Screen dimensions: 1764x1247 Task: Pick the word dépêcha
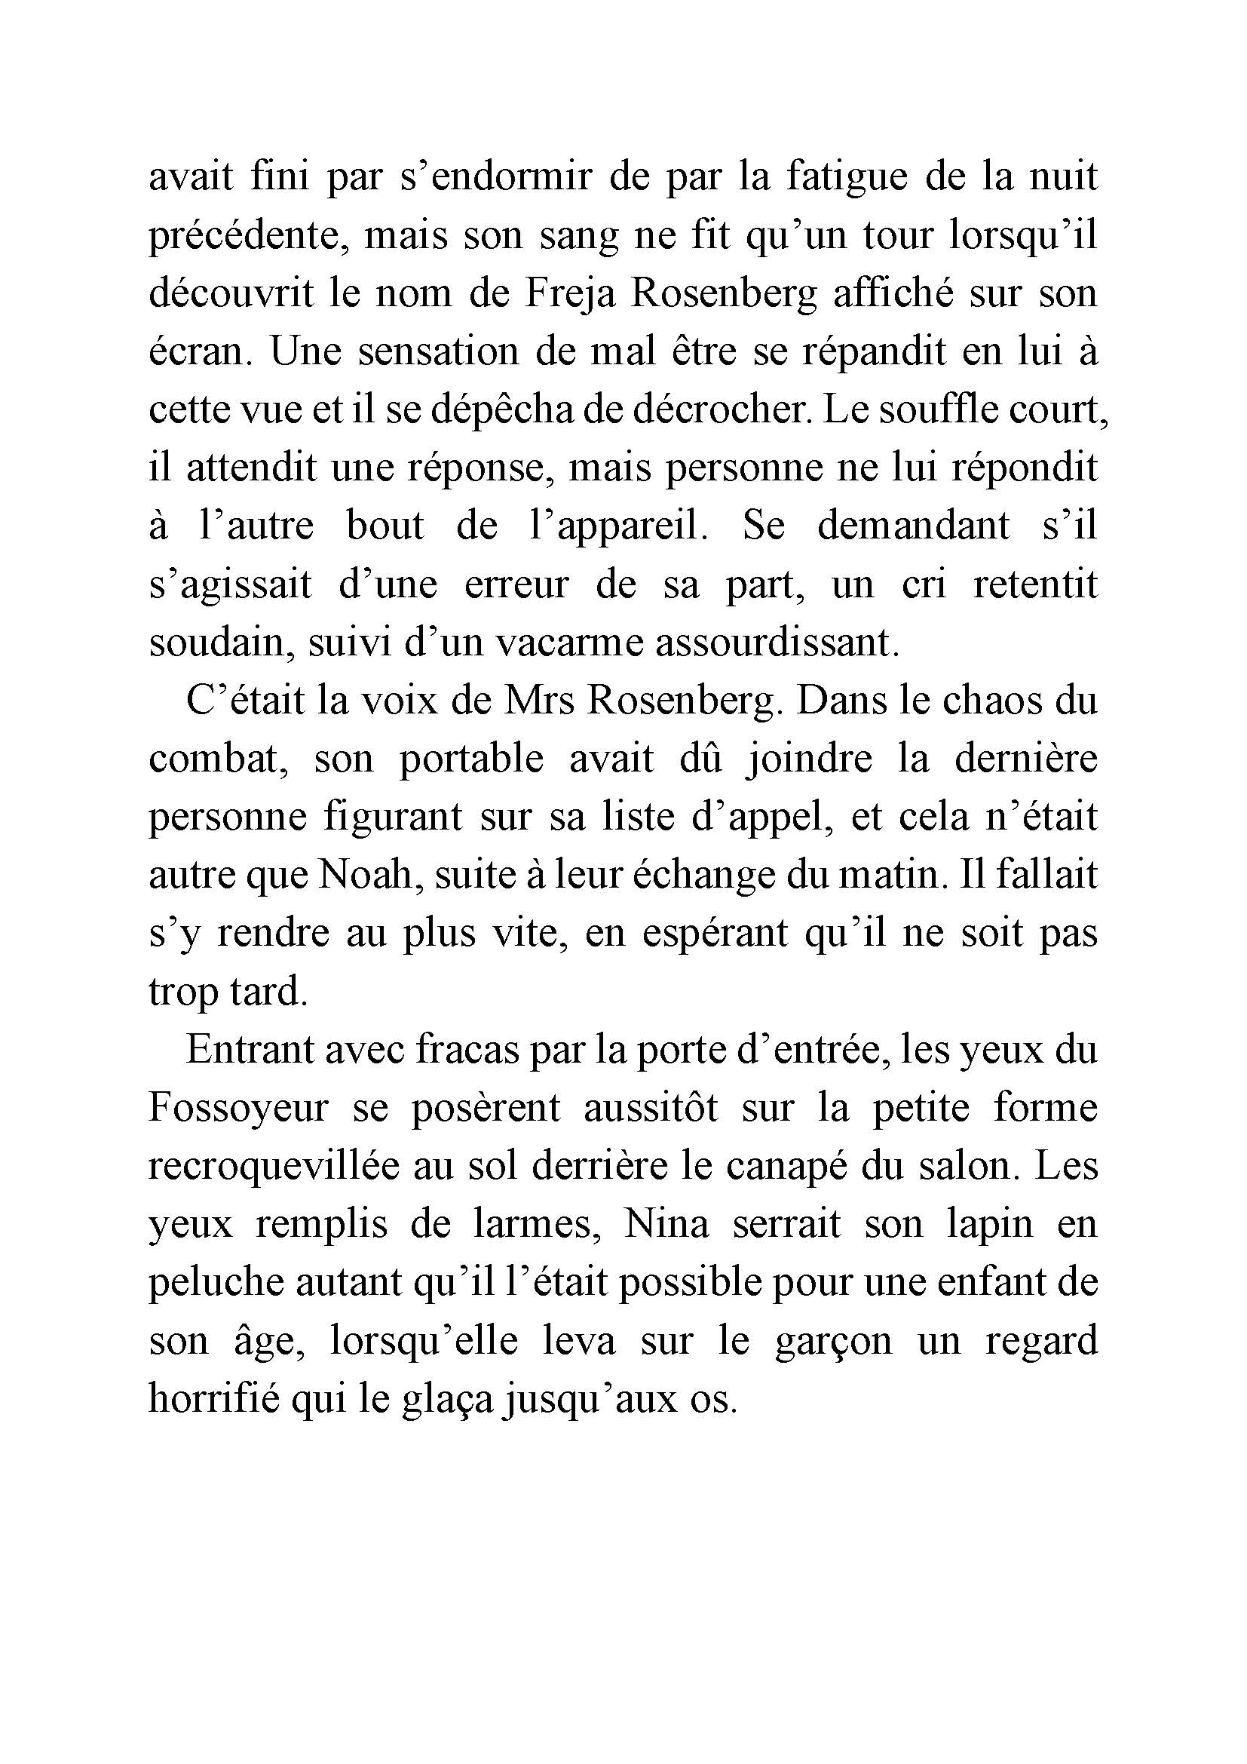pyautogui.click(x=502, y=411)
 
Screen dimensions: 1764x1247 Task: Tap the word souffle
pyautogui.click(x=942, y=411)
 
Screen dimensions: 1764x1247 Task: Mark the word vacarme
pyautogui.click(x=569, y=644)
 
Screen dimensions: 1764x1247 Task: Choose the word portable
pyautogui.click(x=470, y=761)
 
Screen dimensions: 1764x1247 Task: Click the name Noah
pyautogui.click(x=366, y=877)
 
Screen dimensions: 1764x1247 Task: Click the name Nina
pyautogui.click(x=666, y=1226)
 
